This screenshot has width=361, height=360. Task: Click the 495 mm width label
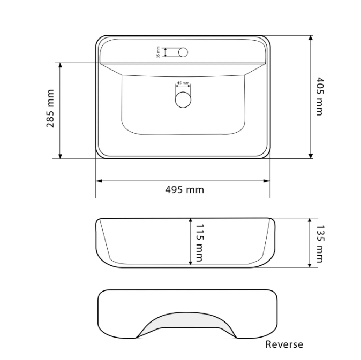[x=185, y=190]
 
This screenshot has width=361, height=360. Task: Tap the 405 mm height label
[x=319, y=96]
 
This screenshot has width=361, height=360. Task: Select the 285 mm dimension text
[x=50, y=108]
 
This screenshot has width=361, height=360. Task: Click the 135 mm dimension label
[x=320, y=244]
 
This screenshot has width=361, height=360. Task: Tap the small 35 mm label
[x=158, y=52]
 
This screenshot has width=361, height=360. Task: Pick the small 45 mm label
[x=183, y=83]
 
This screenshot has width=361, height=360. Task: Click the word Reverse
[x=284, y=344]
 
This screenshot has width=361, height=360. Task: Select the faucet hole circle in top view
[x=183, y=52]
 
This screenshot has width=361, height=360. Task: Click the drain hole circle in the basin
[x=183, y=99]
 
